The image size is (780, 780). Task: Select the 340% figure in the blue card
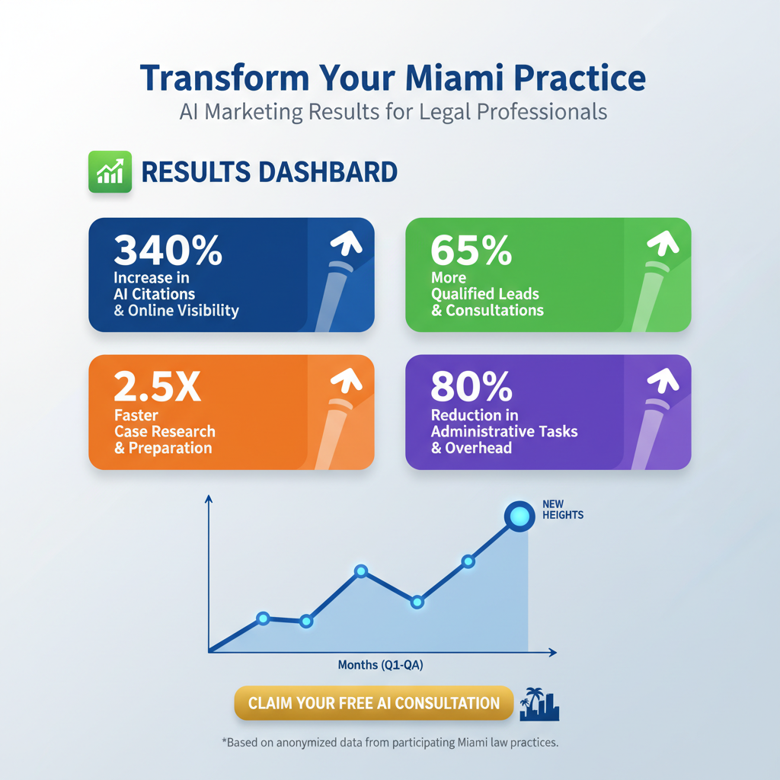pos(168,250)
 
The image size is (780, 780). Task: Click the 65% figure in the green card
pos(471,250)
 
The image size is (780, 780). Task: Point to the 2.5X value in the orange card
pos(158,388)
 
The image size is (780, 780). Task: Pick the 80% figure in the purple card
pos(472,388)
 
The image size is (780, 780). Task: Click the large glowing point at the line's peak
pos(520,516)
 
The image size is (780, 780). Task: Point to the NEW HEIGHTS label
pos(563,510)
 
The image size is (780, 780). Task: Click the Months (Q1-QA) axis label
pos(380,666)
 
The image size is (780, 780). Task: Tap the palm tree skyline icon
pos(539,705)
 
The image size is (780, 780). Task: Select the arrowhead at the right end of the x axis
pos(553,653)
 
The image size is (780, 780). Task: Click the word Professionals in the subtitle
pos(542,112)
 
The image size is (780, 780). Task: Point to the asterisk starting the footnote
pos(223,740)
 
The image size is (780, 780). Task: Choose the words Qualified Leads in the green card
pos(484,294)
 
